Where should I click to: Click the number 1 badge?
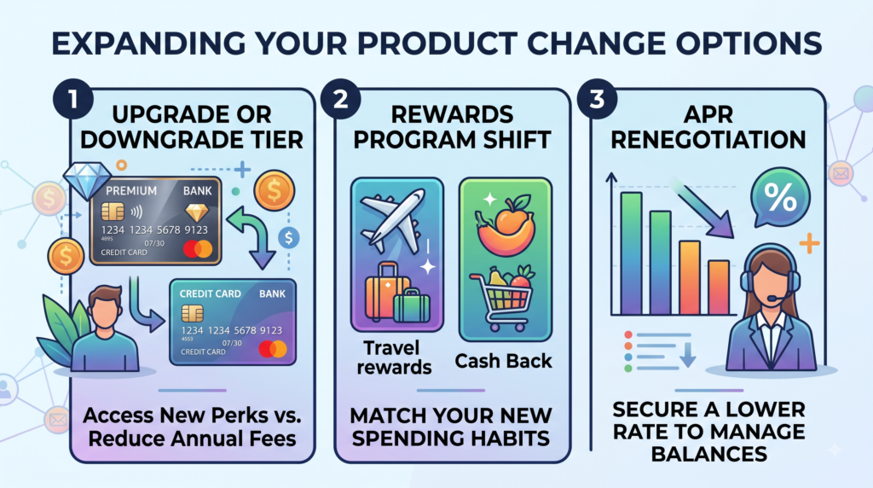(x=73, y=99)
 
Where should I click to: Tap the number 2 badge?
(x=340, y=99)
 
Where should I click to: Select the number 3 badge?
(x=597, y=99)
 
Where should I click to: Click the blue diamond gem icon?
(x=87, y=180)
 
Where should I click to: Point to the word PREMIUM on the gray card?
(x=131, y=191)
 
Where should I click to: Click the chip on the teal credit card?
(x=192, y=314)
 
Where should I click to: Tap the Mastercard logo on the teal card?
(x=273, y=349)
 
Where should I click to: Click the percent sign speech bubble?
(x=780, y=198)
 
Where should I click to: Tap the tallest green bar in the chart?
(x=632, y=253)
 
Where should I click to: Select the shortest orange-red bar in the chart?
(x=718, y=288)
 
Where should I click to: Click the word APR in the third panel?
(x=708, y=115)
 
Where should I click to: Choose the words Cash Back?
(x=503, y=361)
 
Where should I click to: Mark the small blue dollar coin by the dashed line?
(x=288, y=238)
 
